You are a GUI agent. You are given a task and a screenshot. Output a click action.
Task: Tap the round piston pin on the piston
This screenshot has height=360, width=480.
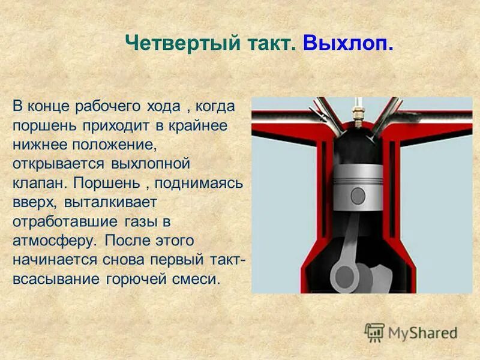click(358, 195)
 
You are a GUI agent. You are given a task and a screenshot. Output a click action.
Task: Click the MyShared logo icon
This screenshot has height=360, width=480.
click(374, 332)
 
